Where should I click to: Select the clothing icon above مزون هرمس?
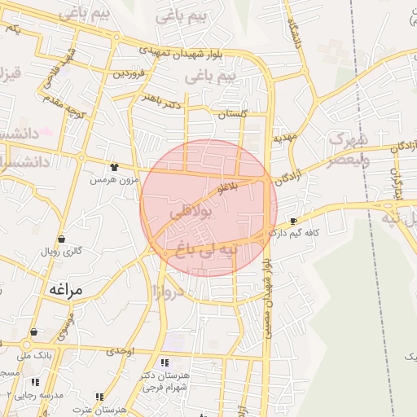(x=114, y=166)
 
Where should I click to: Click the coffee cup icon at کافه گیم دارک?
(x=293, y=221)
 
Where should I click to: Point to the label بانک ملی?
(x=37, y=355)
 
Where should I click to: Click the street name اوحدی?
(x=120, y=351)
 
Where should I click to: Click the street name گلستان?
(x=233, y=116)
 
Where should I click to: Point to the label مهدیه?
(x=283, y=138)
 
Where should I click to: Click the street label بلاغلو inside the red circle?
(x=225, y=189)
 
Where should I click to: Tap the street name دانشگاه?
(x=291, y=31)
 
